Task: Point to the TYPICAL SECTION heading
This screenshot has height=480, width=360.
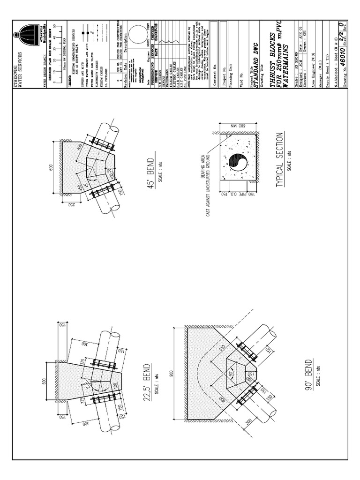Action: click(280, 160)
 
